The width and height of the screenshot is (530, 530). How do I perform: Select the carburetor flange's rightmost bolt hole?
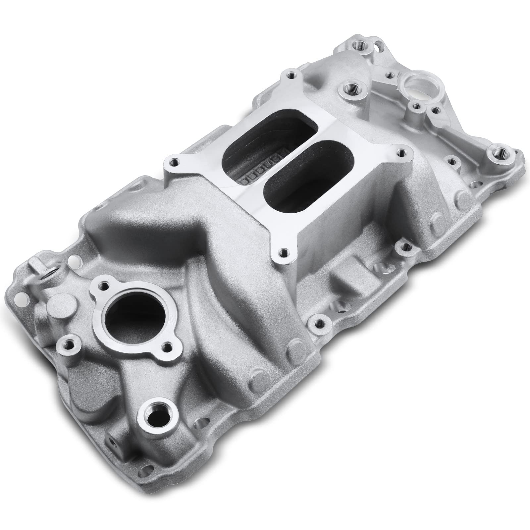[x=401, y=153]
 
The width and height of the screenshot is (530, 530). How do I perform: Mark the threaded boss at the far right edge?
[x=498, y=154]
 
